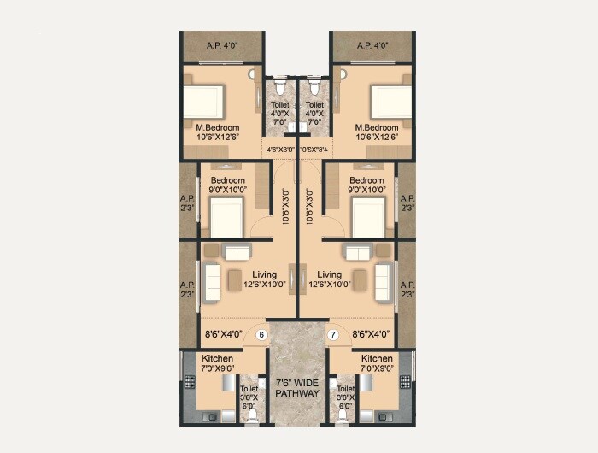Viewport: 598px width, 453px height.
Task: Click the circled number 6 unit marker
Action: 261,335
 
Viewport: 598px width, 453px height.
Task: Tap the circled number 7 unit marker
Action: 333,335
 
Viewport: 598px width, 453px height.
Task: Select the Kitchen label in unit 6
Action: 214,359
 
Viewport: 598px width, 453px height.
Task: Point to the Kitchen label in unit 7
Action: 377,359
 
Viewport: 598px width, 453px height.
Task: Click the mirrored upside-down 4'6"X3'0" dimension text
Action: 315,150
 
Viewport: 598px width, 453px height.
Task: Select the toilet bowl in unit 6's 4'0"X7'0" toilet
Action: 278,87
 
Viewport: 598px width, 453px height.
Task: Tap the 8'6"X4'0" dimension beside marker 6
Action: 225,335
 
